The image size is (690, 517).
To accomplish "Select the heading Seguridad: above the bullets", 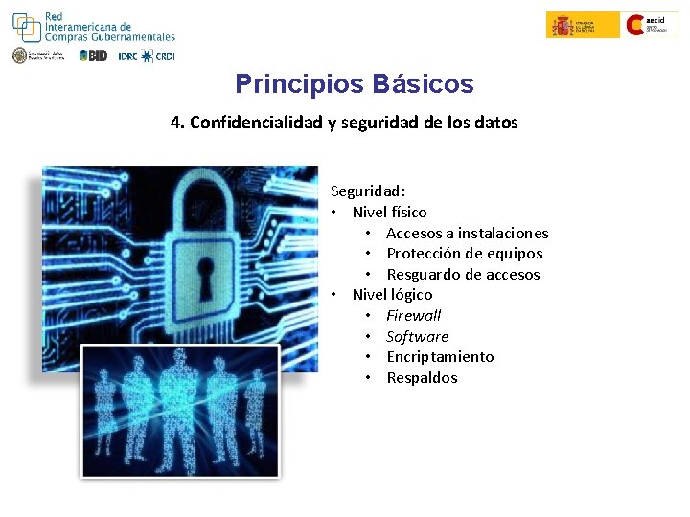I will [x=368, y=191].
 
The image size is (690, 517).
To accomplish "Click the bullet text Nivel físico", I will [x=389, y=212].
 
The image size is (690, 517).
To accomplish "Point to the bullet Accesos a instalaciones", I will [x=467, y=233].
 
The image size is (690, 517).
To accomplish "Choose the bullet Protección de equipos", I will [x=464, y=254].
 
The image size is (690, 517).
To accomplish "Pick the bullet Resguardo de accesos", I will [x=463, y=275].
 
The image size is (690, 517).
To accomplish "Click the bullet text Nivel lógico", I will [x=392, y=295].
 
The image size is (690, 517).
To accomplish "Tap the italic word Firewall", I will [x=413, y=315].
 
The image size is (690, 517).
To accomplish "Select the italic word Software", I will [x=417, y=336].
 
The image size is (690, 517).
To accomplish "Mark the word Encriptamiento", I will [x=440, y=357].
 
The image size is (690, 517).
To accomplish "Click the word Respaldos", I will [x=422, y=378].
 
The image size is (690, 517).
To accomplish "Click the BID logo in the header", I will [x=93, y=56].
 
